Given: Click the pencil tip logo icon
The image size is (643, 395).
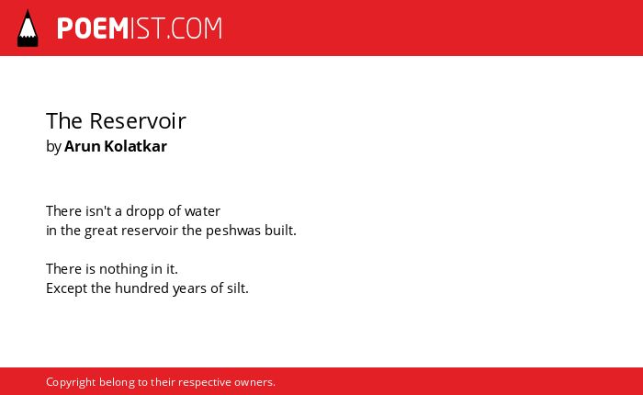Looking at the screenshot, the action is (28, 28).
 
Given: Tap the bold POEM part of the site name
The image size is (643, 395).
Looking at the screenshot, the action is (93, 28).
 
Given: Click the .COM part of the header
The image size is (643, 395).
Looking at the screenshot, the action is (194, 28).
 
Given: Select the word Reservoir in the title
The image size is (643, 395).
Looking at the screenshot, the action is (138, 121).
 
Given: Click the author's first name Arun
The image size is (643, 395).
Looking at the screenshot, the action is (82, 146).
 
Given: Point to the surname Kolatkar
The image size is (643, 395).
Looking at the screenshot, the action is (135, 146).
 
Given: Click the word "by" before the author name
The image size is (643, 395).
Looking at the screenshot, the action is (53, 147).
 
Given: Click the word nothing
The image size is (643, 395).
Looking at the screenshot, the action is (123, 269).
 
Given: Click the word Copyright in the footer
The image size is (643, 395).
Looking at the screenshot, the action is (71, 382).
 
